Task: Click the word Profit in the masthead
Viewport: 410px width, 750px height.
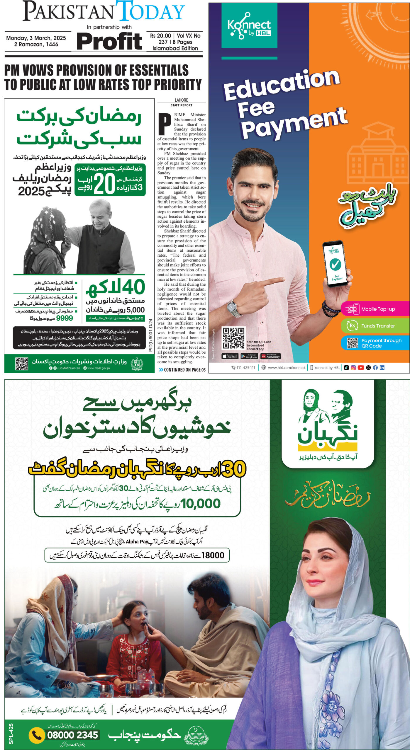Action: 109,42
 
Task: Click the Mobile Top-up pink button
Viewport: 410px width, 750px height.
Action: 375,309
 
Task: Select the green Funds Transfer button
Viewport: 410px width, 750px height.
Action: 375,325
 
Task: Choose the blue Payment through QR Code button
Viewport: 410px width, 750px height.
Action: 375,343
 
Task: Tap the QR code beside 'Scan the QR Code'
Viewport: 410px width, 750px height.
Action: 233,338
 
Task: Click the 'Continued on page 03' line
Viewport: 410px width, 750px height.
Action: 182,370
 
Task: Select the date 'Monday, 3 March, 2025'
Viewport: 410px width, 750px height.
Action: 36,38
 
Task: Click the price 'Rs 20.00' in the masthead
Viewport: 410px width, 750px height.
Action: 160,36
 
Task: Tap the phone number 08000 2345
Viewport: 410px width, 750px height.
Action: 72,734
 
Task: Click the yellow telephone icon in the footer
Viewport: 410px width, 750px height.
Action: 36,735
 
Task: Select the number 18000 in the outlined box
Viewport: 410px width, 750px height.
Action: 213,555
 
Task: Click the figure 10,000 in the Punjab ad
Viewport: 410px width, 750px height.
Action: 201,504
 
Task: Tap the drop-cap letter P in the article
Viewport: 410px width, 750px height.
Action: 165,123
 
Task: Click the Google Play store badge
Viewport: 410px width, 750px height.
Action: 249,356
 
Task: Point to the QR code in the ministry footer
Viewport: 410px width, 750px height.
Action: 21,363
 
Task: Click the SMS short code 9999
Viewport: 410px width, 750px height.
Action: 65,318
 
